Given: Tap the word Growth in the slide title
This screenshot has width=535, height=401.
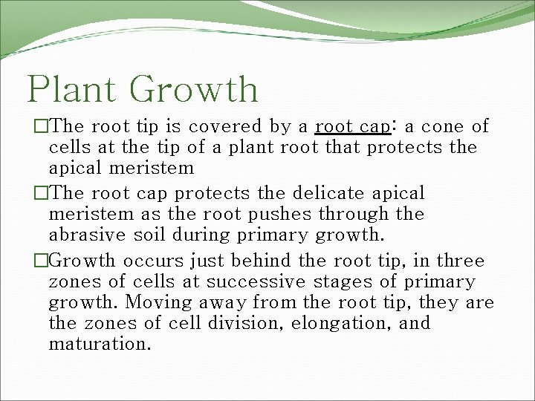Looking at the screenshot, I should (x=197, y=89).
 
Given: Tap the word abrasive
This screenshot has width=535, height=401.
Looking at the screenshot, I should (x=83, y=235).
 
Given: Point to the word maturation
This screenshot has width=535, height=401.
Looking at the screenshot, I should (x=100, y=345).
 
